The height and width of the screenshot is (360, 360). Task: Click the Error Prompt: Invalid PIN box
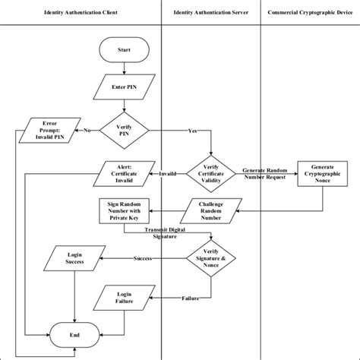point(49,131)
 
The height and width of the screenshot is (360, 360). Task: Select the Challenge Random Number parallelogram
point(210,211)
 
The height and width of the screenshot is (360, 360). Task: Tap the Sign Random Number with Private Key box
point(124,211)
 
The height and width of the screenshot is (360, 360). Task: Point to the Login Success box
point(74,258)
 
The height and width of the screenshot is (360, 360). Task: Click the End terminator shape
point(74,334)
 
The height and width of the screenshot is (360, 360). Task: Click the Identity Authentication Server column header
point(210,13)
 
